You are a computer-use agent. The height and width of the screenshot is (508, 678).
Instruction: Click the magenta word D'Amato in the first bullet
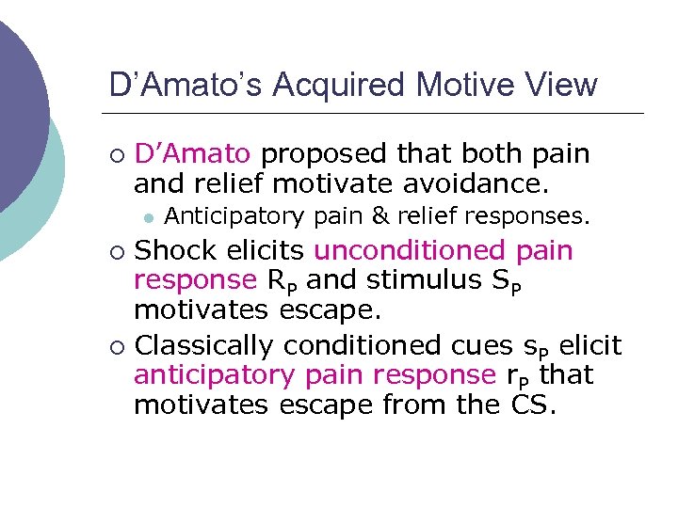tap(192, 153)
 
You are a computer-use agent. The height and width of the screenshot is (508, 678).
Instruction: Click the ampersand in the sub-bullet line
tap(380, 217)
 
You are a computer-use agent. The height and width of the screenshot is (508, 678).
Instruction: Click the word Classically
tap(206, 347)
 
